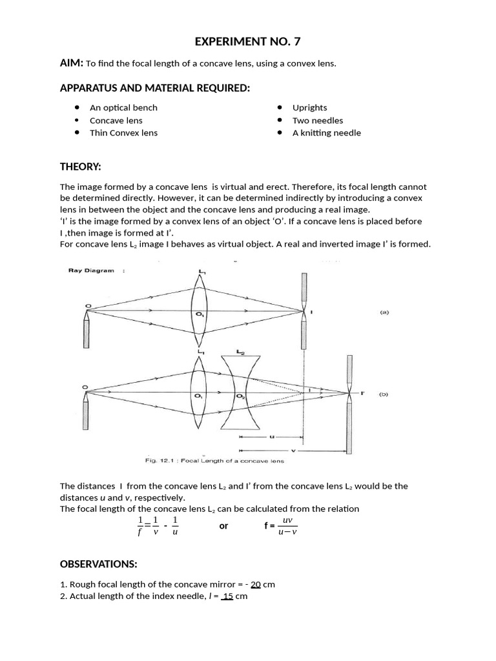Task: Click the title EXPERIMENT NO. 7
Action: click(248, 43)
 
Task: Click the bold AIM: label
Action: click(71, 63)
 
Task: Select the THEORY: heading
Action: click(80, 167)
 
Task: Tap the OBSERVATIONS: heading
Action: click(98, 564)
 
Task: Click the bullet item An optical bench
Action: click(123, 108)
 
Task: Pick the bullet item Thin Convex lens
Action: click(123, 133)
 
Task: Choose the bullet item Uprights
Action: click(309, 108)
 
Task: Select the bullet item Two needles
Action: click(318, 120)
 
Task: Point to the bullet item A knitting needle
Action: click(326, 133)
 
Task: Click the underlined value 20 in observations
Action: click(255, 584)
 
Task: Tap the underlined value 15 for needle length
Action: click(227, 596)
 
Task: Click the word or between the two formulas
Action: click(223, 526)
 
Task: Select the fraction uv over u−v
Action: click(287, 526)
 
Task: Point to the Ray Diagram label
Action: click(91, 270)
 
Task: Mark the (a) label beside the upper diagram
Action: click(384, 312)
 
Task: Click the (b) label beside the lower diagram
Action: click(384, 393)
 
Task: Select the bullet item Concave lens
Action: click(116, 120)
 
